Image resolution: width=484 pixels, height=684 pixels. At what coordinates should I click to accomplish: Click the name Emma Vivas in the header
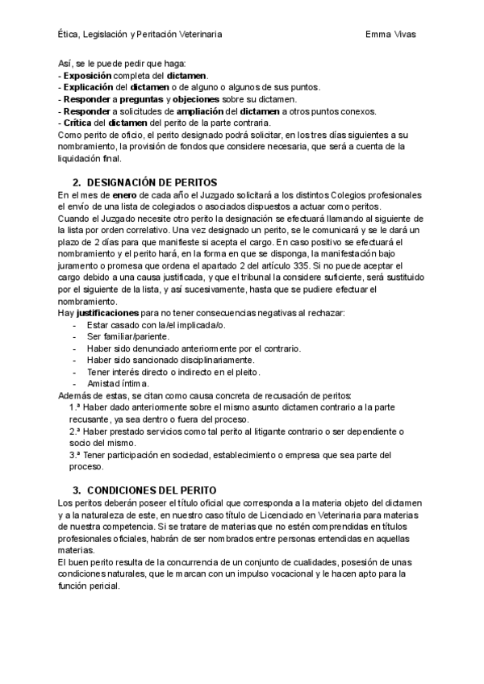[x=390, y=35]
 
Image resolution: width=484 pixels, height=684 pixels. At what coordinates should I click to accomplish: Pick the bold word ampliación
[x=203, y=111]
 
